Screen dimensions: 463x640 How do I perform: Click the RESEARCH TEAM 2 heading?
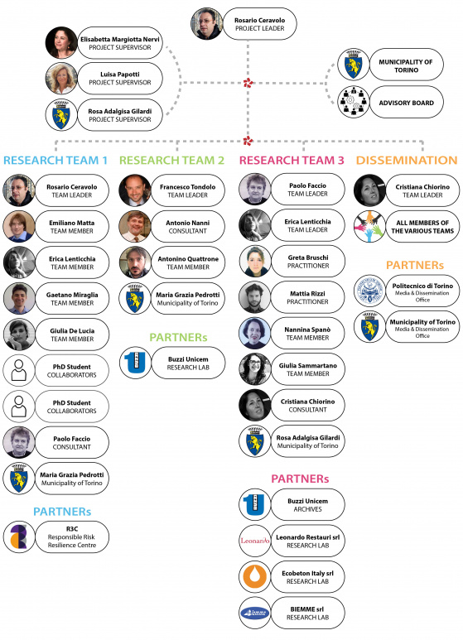[171, 160]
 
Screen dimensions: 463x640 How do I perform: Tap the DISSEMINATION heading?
[406, 160]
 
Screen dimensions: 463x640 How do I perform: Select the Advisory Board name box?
[406, 102]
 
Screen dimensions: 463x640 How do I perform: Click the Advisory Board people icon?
[353, 102]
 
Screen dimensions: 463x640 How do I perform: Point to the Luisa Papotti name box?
[120, 79]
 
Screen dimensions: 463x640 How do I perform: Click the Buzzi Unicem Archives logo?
[255, 504]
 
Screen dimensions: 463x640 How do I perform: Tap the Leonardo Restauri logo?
[255, 541]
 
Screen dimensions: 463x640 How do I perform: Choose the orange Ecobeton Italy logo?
[255, 577]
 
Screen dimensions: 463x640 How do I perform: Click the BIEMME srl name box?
[308, 613]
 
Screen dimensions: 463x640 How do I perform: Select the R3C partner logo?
[19, 537]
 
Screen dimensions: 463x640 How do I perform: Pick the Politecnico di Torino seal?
[369, 291]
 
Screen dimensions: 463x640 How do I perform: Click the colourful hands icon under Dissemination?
[369, 226]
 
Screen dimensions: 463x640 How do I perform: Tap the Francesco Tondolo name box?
[188, 190]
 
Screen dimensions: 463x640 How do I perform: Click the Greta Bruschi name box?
[308, 262]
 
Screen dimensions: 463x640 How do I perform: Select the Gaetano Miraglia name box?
[72, 298]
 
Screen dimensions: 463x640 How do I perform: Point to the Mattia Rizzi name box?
[308, 297]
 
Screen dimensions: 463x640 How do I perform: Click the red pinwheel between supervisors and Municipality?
[248, 83]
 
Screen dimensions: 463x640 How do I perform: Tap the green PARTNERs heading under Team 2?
[178, 337]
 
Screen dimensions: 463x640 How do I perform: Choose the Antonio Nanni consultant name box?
[188, 227]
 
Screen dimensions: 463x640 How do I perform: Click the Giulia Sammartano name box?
[308, 369]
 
